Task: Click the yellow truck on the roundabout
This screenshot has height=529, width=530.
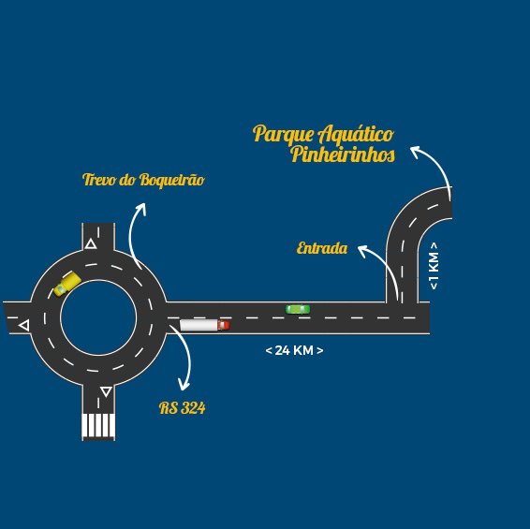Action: [x=67, y=285]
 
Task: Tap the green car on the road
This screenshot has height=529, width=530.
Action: [x=298, y=309]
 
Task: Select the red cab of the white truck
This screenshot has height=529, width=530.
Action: [x=224, y=325]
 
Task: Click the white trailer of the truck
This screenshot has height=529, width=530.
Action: [x=199, y=325]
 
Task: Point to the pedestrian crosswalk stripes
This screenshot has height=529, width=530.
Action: [x=98, y=425]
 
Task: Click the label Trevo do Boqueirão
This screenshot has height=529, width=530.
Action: [x=143, y=180]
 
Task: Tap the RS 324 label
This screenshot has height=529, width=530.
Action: [x=183, y=407]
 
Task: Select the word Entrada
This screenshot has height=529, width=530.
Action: [x=322, y=248]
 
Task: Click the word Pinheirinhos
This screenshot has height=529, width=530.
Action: [x=343, y=154]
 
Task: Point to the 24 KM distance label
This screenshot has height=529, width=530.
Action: [x=294, y=350]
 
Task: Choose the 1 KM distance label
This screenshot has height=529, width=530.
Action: [x=434, y=266]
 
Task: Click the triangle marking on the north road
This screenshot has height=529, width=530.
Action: [x=91, y=243]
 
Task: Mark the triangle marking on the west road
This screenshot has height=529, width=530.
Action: [x=24, y=326]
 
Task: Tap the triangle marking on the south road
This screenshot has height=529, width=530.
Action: [x=106, y=391]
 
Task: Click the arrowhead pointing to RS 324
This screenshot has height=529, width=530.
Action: [x=184, y=386]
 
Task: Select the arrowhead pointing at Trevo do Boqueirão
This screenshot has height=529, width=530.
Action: [x=142, y=208]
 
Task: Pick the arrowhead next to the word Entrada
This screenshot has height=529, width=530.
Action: [x=363, y=251]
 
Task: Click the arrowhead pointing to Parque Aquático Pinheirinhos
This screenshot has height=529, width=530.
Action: [x=417, y=151]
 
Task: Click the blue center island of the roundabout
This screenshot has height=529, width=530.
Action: [x=98, y=317]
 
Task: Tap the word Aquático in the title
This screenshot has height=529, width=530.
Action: [x=356, y=134]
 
